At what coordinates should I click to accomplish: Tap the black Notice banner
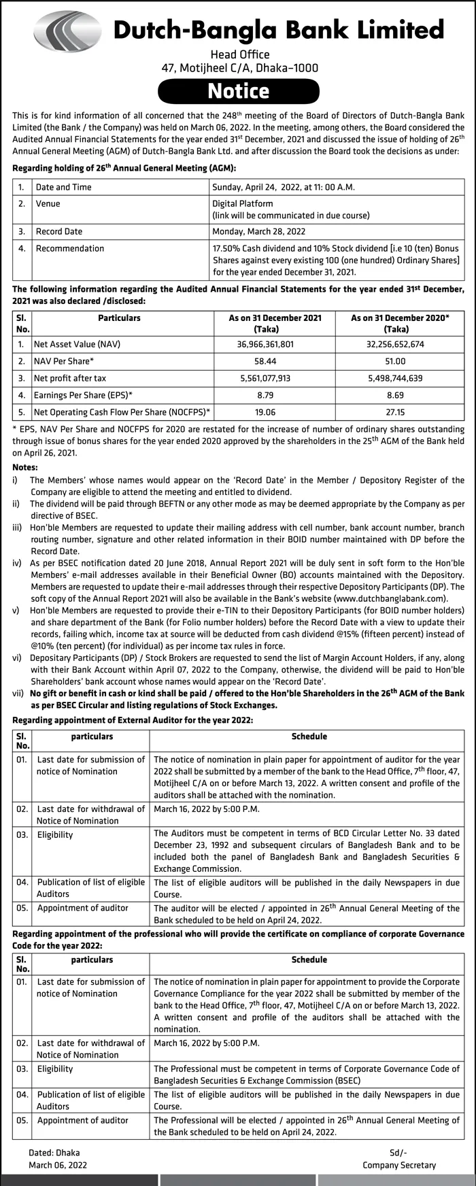coord(238,91)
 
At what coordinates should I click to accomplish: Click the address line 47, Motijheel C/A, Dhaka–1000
coord(239,68)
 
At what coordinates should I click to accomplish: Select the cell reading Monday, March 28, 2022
coord(258,231)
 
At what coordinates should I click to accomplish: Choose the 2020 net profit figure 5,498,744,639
coord(395,378)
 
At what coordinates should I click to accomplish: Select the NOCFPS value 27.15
coord(395,411)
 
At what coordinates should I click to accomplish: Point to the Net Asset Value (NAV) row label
coord(77,344)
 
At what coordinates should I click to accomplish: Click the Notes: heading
coord(25,468)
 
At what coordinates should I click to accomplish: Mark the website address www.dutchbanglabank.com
coord(391,598)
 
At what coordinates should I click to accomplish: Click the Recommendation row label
coord(69,248)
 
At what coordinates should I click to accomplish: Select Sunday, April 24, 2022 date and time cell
coord(283,187)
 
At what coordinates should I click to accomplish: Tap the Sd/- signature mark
coord(398,1153)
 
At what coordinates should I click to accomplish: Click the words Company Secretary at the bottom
coord(399,1165)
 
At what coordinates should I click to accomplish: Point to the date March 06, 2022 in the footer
coord(58,1165)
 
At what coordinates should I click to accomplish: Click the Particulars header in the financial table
coord(119,318)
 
